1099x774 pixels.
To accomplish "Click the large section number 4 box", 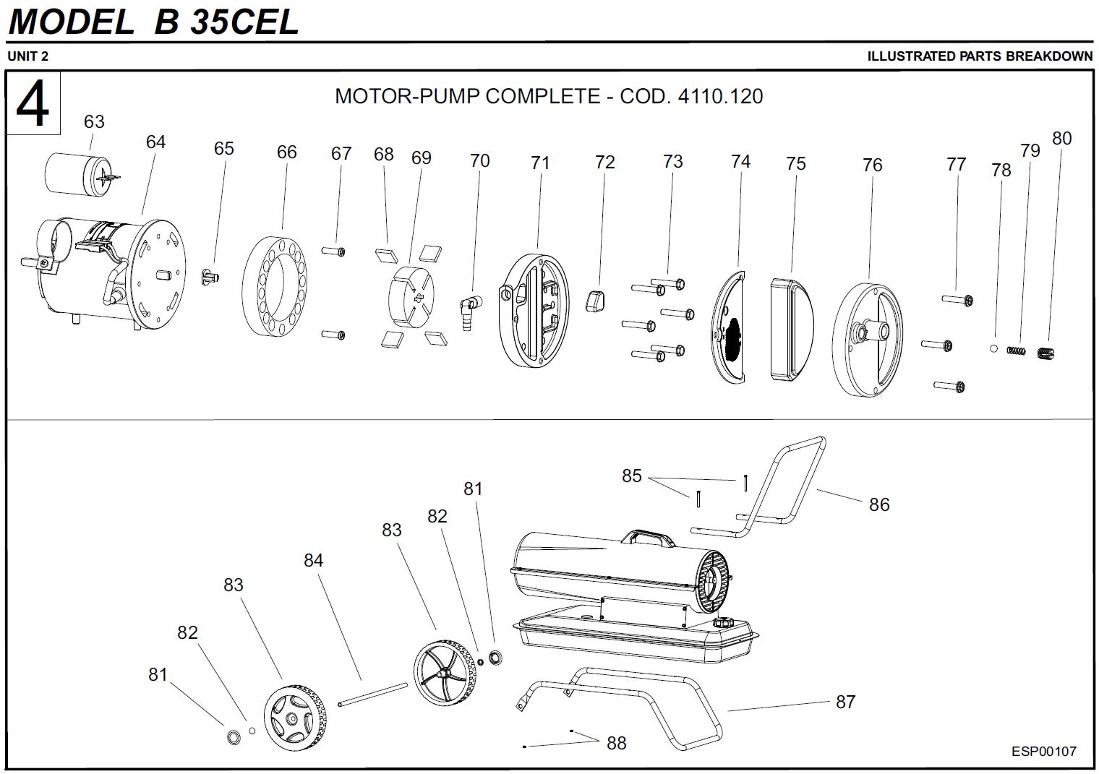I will [33, 103].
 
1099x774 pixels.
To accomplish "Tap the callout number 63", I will [94, 121].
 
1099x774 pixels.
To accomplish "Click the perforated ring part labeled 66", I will [277, 289].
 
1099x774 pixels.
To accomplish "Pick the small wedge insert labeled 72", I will [595, 298].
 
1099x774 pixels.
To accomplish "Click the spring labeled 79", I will [1017, 351].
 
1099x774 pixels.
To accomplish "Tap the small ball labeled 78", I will [994, 348].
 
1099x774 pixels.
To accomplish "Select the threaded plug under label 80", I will [1047, 353].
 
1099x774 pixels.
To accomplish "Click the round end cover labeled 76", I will [868, 337].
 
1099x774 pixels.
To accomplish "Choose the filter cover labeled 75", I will [792, 329].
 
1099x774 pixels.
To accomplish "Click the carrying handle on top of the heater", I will [647, 537].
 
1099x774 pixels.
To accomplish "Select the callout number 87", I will [845, 702].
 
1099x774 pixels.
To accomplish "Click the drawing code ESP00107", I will [1043, 752].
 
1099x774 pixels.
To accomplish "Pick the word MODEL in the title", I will [71, 22].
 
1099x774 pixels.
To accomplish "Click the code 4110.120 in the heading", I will [720, 96].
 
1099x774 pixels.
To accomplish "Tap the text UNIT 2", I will [28, 56].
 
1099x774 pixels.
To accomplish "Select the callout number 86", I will [879, 504].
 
